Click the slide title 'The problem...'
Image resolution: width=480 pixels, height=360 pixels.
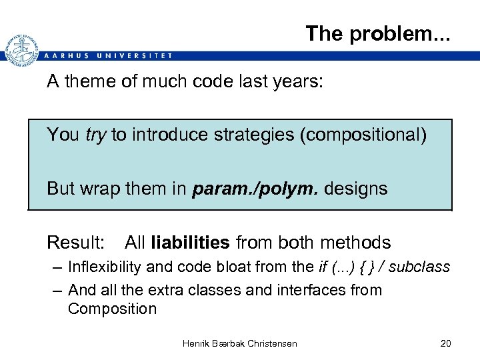point(378,33)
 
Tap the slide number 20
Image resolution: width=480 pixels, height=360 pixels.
point(446,343)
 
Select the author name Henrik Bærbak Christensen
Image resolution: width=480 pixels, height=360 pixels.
point(240,343)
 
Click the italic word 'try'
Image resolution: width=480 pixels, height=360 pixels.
point(96,135)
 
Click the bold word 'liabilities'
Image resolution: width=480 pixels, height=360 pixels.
point(191,242)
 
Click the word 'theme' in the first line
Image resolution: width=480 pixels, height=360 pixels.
point(91,82)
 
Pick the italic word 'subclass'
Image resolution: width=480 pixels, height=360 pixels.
point(419,267)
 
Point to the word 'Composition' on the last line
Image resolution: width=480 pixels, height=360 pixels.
point(112,309)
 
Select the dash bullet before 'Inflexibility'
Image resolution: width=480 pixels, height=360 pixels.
point(57,267)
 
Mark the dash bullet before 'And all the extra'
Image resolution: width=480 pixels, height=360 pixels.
point(57,290)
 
